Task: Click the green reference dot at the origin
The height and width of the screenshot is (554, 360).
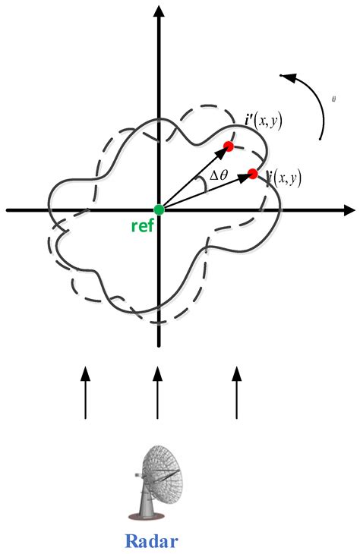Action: [158, 209]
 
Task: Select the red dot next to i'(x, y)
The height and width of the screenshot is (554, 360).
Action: [228, 146]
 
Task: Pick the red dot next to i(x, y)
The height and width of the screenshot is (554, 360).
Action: [253, 174]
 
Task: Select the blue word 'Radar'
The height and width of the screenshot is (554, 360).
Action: [157, 540]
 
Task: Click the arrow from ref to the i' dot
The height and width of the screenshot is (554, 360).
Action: [194, 177]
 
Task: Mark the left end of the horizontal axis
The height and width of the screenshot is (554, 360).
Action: [9, 209]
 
